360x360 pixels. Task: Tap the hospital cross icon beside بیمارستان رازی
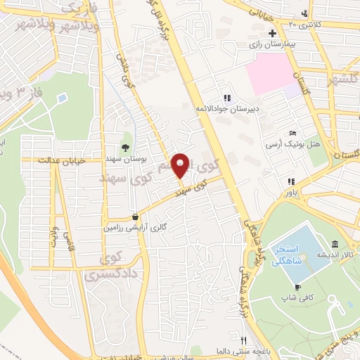click(272, 34)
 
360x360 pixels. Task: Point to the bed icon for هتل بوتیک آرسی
click(293, 134)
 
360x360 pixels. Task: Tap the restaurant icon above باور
click(290, 181)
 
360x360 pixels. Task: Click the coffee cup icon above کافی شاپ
click(297, 288)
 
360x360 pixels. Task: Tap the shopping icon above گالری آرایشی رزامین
click(134, 217)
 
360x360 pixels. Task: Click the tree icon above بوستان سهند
click(125, 147)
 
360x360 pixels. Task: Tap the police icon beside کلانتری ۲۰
click(304, 14)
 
